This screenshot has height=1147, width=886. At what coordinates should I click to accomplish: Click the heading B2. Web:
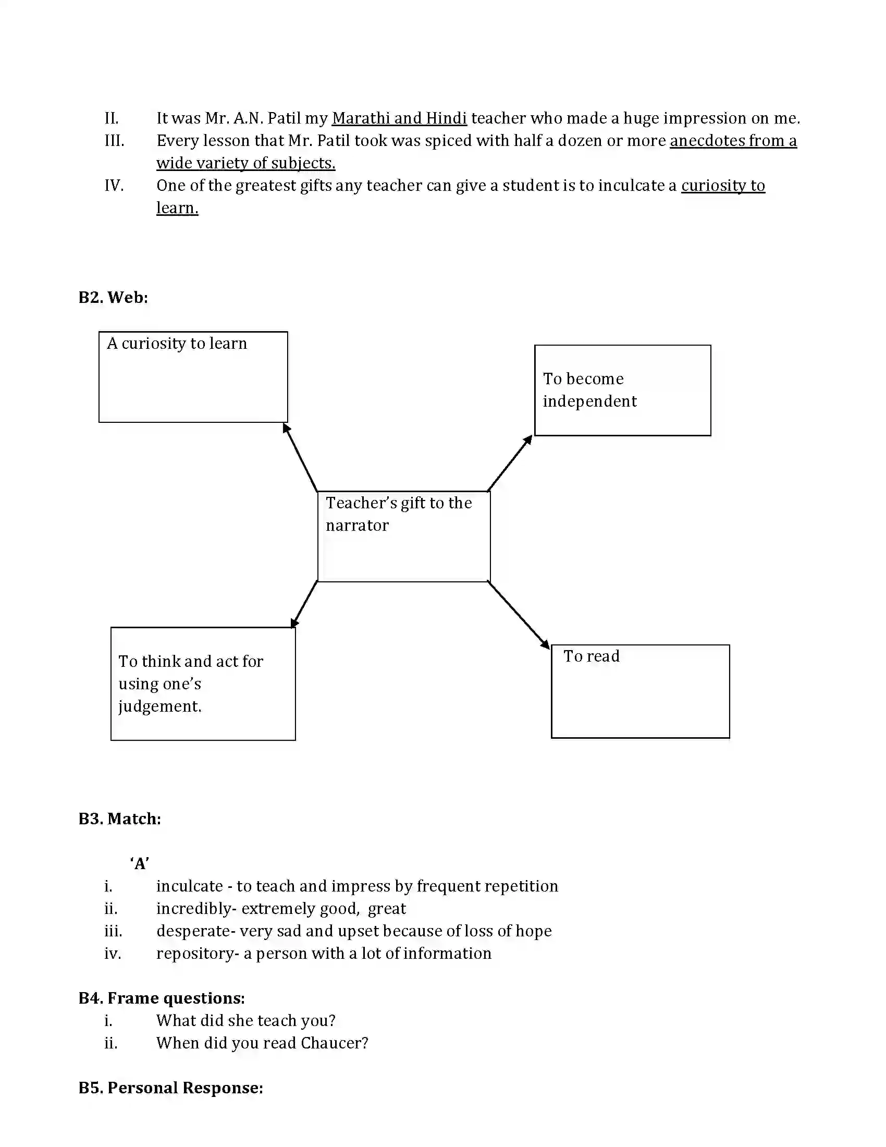tap(113, 297)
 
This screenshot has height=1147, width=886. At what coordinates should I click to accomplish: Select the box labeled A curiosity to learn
tap(193, 376)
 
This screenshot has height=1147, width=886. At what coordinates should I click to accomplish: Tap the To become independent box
tap(622, 390)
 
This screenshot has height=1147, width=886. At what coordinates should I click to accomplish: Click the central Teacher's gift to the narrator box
tap(403, 536)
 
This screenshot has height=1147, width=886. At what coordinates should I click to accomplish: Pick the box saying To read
tap(640, 691)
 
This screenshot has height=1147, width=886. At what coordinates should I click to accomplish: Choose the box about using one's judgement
tap(203, 684)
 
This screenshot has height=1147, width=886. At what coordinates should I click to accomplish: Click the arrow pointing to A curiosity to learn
tap(301, 457)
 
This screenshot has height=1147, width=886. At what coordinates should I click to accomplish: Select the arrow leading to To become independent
tap(509, 463)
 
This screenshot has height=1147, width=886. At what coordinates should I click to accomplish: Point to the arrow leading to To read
tap(518, 615)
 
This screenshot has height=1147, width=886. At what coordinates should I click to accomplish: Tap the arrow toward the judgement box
tap(304, 604)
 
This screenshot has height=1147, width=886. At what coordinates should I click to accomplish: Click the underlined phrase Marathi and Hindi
tap(399, 118)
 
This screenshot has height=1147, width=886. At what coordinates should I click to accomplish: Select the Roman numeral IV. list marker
tap(114, 186)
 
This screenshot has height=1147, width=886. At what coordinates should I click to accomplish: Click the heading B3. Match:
tap(120, 819)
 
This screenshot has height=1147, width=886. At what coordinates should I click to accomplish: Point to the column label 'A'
tap(140, 863)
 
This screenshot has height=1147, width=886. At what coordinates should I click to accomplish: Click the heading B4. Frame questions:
tap(162, 998)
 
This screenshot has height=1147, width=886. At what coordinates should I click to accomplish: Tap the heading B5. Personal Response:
tap(170, 1088)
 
